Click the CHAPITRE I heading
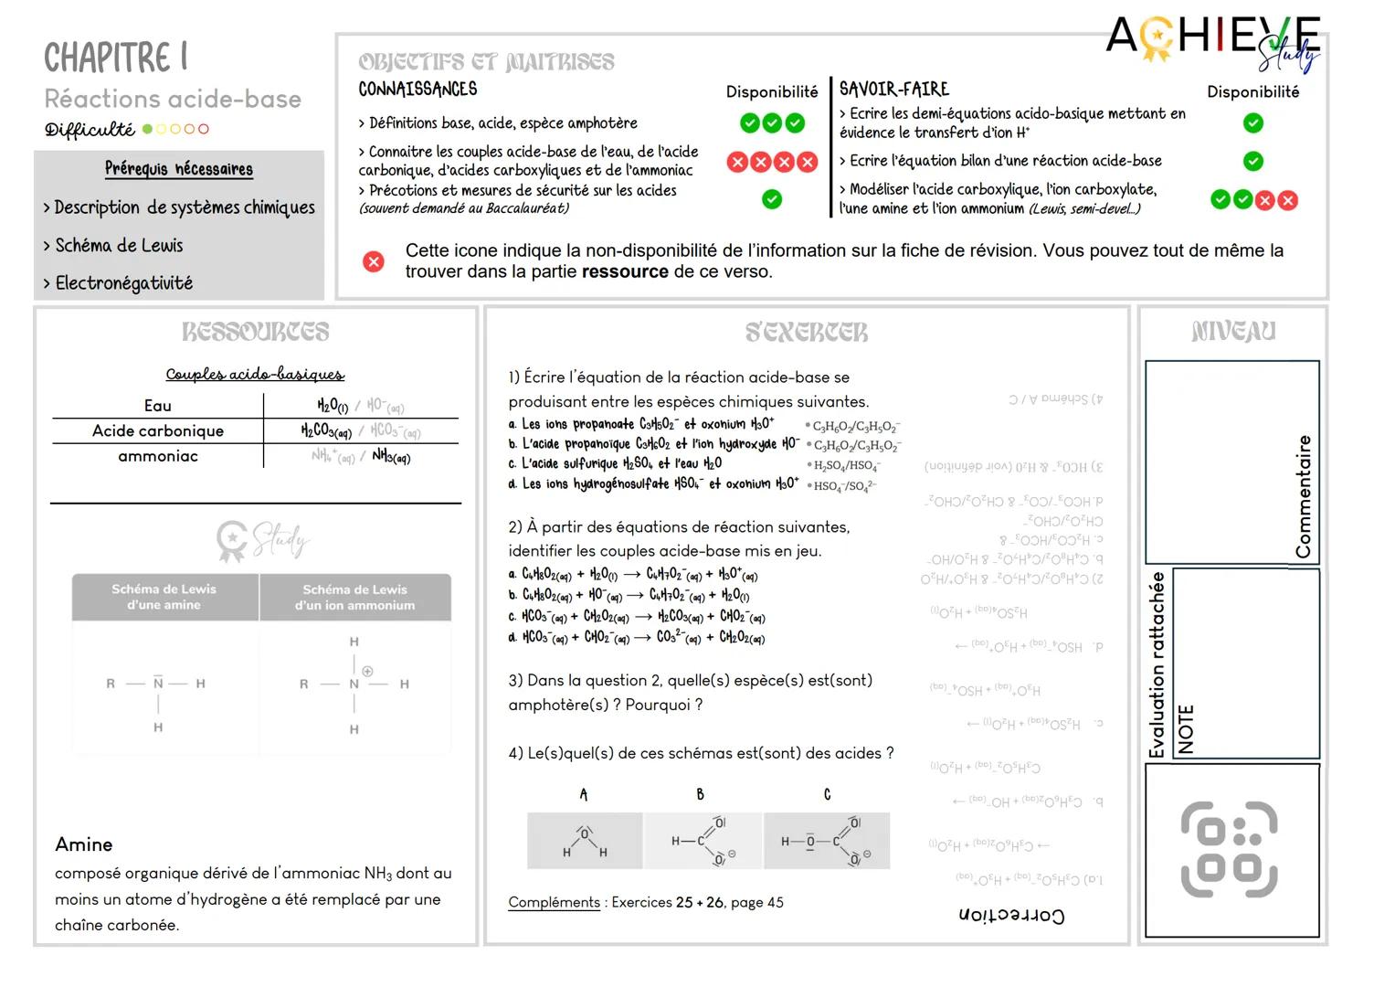116,58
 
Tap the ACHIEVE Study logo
1212,41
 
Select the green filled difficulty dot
148,129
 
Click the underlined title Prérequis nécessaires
179,169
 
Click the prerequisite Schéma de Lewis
119,245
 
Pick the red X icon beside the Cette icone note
374,262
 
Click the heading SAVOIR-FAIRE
893,90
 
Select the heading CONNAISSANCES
417,90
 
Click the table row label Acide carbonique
158,430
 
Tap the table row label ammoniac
158,456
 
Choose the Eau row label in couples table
158,406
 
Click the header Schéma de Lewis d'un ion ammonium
354,598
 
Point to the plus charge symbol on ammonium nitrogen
368,671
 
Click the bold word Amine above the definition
84,844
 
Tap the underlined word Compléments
554,903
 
